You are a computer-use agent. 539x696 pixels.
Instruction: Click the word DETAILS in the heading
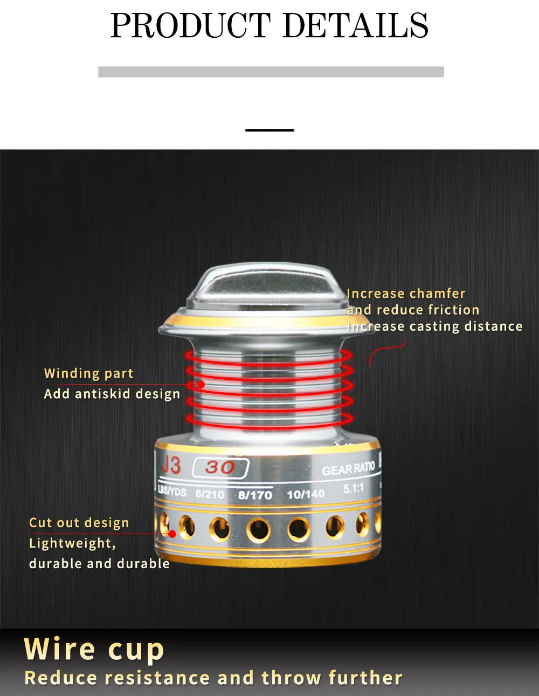coord(356,25)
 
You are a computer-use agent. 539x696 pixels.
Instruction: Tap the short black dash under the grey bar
coord(269,130)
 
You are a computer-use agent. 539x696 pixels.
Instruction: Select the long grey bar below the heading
coord(271,72)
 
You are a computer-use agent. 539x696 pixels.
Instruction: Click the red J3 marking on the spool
coord(171,466)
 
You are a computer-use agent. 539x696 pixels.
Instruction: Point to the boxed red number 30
coord(220,468)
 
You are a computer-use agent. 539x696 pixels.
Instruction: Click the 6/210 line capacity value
coord(210,494)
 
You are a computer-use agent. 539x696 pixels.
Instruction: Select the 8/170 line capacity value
coord(255,495)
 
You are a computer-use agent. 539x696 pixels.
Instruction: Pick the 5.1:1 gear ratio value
coord(354,488)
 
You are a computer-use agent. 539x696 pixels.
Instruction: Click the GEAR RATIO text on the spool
coord(348,469)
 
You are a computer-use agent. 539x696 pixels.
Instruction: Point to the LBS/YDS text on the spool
coord(172,491)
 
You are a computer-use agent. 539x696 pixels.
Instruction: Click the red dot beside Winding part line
coord(201,384)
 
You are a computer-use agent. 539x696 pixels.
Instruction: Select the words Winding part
coord(88,373)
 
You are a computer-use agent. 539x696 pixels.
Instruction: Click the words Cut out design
coord(79,523)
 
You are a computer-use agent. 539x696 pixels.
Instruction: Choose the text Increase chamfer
coord(406,294)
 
